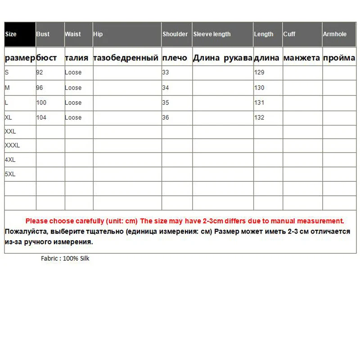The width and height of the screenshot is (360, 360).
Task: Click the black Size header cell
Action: coord(20,34)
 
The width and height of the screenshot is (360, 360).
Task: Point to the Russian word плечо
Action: coord(175,58)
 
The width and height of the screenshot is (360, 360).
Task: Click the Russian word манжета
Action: coord(301,58)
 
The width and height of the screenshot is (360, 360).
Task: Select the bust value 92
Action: coord(40,72)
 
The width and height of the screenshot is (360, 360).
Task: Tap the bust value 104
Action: coord(41,117)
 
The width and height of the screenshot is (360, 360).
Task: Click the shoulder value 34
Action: coord(166,88)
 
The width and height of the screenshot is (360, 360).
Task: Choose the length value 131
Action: coord(259,103)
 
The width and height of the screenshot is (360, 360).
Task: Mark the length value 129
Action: coord(259,72)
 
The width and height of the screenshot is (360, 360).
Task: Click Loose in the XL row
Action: coord(73,117)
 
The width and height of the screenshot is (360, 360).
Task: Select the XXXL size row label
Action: coord(12,145)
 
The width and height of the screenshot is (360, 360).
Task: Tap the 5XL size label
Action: coord(10,174)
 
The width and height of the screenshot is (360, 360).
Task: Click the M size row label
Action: coord(7,88)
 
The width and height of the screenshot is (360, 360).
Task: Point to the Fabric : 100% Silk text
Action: coord(65,259)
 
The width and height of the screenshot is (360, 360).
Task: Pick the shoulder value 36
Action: coord(166,117)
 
